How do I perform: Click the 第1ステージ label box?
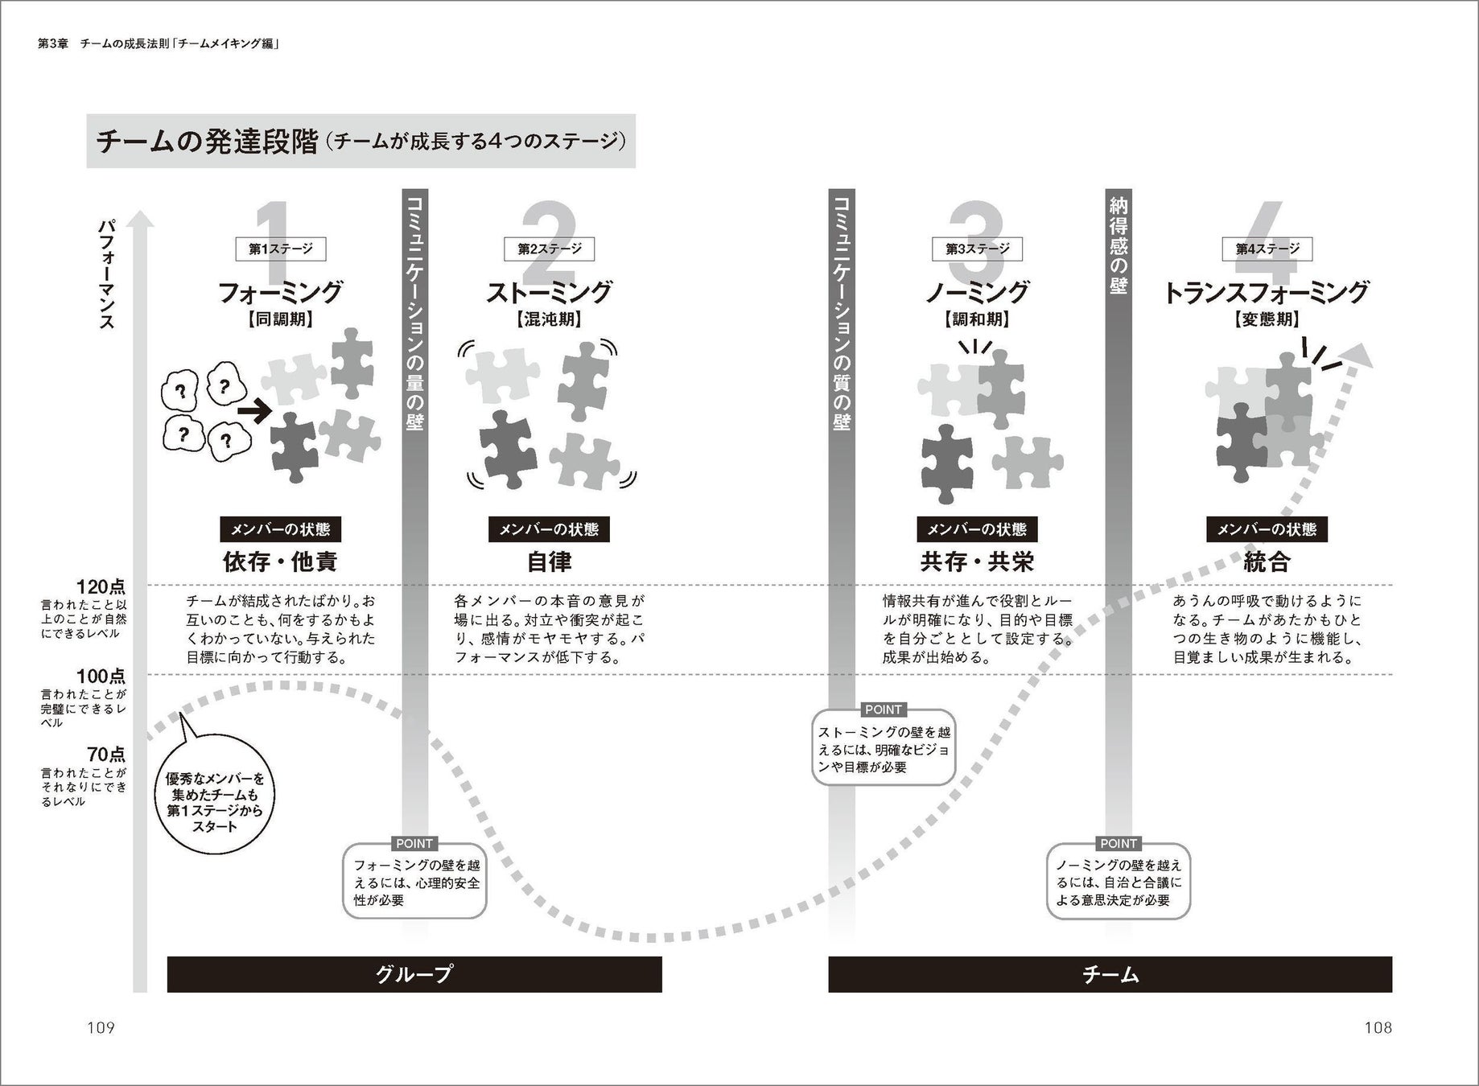click(x=280, y=249)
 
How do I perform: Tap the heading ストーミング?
click(x=549, y=291)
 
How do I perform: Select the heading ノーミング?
click(x=977, y=291)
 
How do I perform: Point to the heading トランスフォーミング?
click(x=1267, y=291)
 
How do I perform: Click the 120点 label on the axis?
click(x=101, y=586)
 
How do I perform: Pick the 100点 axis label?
click(x=101, y=676)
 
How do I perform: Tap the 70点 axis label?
click(x=106, y=755)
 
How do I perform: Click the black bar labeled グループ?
click(x=414, y=974)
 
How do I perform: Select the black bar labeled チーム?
click(x=1110, y=974)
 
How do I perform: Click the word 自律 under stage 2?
click(x=549, y=562)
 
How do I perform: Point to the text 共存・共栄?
click(x=977, y=562)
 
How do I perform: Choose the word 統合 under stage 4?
click(x=1267, y=562)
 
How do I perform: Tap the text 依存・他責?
click(x=280, y=562)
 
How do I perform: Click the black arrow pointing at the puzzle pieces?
click(x=256, y=413)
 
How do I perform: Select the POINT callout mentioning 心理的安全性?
click(x=415, y=878)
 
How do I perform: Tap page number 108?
click(x=1378, y=1027)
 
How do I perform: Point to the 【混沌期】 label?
click(x=549, y=319)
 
